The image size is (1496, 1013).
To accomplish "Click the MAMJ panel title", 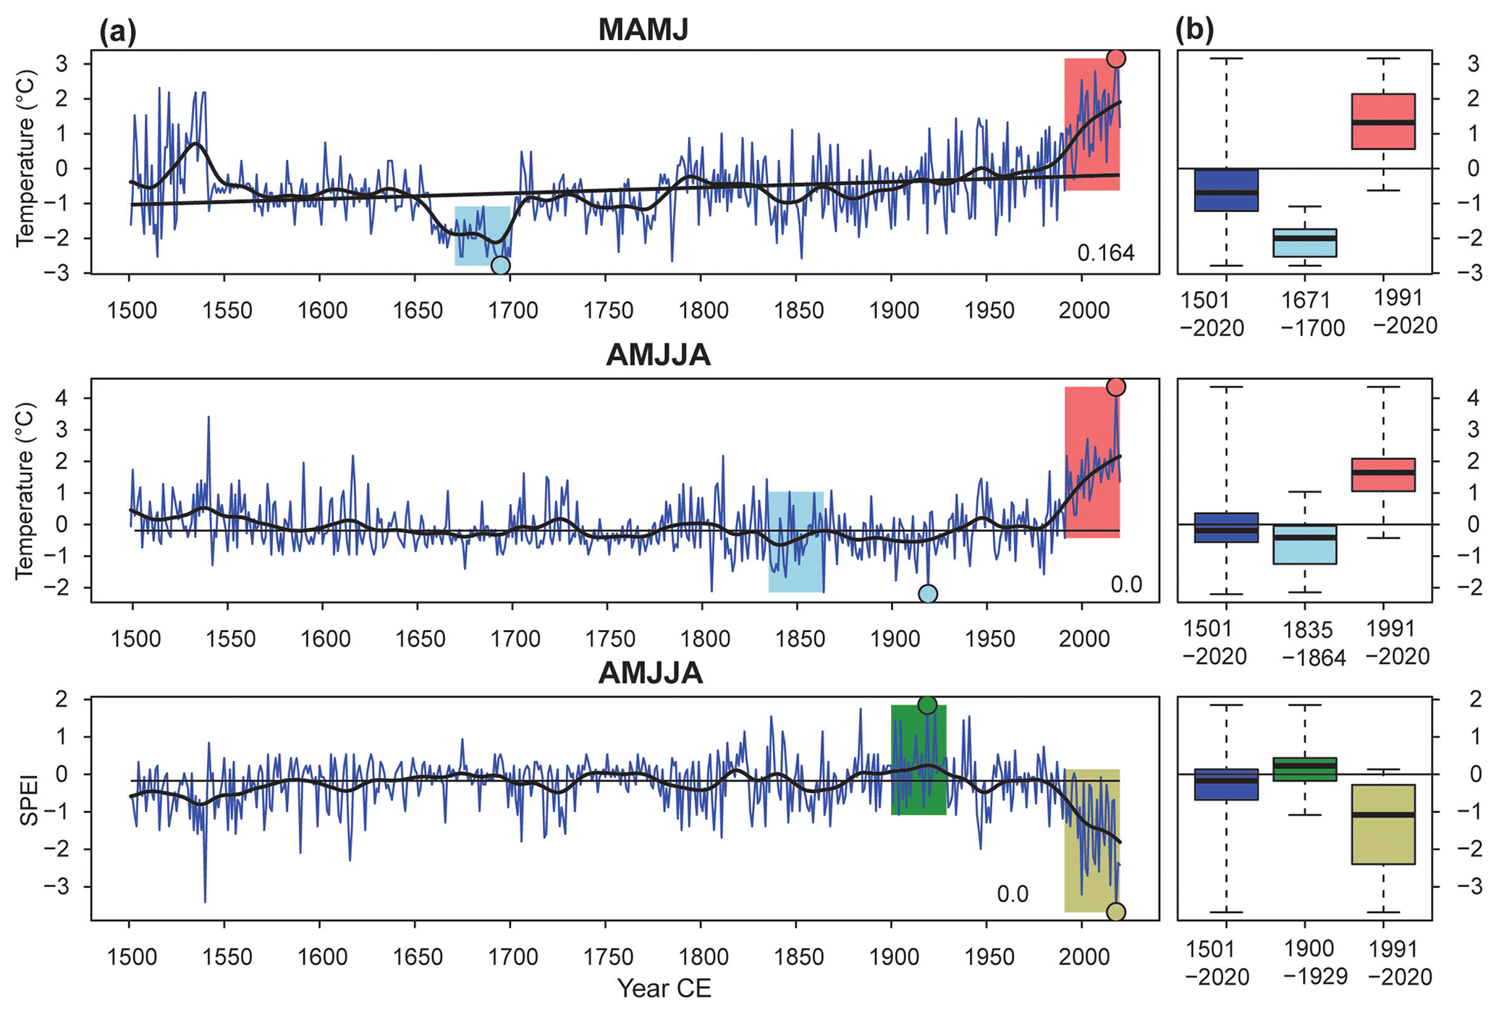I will coord(643,30).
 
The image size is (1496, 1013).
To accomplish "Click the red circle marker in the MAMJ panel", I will coord(1116,59).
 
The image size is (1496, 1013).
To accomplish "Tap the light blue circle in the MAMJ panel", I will coord(500,266).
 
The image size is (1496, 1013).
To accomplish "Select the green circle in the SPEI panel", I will coord(927,705).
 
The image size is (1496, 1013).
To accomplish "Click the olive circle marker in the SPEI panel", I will coord(1116,912).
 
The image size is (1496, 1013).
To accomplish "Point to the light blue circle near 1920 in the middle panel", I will coord(928,594).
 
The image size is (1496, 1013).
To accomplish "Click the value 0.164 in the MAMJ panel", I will coord(1105,253).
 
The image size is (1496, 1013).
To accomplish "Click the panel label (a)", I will coord(118,31).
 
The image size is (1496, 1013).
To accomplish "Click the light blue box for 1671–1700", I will coord(1305,243).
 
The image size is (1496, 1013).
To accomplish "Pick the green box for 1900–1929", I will coord(1305,769).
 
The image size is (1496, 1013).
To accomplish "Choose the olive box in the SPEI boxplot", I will coord(1383,824).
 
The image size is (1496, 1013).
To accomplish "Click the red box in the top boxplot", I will coord(1383,122).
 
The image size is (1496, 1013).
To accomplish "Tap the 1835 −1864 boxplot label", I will coord(1314,644).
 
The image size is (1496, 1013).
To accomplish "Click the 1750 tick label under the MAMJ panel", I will coord(608,311).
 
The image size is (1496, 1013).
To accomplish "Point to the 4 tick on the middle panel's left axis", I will coord(75,398).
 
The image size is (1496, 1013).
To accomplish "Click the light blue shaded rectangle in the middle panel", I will coord(795,542).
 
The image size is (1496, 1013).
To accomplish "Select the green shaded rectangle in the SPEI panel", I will coord(918,760).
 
